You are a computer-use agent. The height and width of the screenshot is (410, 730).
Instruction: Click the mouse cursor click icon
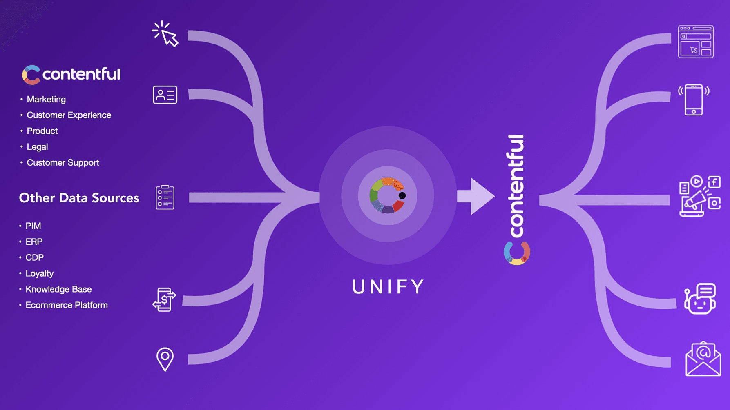point(165,34)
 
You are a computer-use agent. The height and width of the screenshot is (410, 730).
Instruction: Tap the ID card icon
point(165,95)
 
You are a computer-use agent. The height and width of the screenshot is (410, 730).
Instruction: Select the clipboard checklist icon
point(165,197)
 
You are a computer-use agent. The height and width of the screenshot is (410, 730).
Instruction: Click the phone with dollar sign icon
point(164,300)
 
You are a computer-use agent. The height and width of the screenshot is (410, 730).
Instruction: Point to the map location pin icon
point(165,359)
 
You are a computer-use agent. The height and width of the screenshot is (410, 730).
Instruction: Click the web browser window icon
point(696,42)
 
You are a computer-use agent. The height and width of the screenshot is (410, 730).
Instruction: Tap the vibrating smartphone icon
point(694,100)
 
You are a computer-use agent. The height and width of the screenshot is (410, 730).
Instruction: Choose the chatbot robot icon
point(700,299)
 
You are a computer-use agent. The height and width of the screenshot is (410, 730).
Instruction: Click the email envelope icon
point(703,359)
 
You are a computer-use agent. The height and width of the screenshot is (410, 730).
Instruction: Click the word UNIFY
point(388,287)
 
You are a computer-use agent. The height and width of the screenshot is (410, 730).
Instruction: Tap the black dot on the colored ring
point(402,195)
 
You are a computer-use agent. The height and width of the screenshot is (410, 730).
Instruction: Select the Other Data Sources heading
point(79,198)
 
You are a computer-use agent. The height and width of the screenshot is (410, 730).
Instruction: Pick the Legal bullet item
point(37,147)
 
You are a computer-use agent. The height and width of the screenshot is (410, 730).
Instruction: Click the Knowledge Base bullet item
point(58,289)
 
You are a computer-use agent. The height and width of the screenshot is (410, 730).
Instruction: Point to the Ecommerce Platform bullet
point(67,305)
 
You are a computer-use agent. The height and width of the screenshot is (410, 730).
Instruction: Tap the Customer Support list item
point(63,163)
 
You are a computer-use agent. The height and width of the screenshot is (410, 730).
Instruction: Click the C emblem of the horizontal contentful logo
point(31,75)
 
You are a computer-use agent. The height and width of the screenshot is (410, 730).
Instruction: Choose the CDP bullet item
point(34,258)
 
